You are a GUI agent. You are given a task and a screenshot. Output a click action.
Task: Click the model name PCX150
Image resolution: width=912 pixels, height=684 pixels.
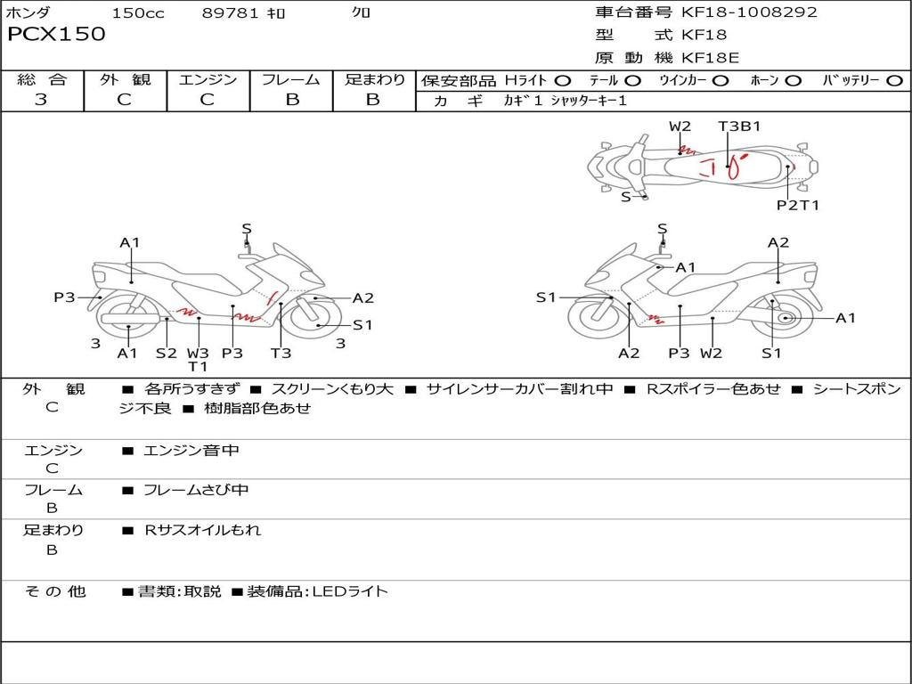pos(56,34)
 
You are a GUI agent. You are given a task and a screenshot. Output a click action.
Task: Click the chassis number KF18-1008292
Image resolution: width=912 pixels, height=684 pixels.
pos(749,12)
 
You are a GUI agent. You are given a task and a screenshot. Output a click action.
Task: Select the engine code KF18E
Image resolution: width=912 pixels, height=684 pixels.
pos(710,58)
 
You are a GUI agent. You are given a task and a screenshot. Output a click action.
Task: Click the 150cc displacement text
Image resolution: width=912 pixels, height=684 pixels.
pos(138,12)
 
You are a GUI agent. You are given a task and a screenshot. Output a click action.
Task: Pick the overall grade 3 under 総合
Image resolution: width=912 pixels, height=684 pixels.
pos(41,99)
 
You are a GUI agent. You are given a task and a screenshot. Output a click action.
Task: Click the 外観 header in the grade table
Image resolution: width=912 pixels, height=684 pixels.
pos(125,79)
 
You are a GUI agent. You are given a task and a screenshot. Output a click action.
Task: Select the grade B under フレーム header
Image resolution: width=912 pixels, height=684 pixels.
pos(292,99)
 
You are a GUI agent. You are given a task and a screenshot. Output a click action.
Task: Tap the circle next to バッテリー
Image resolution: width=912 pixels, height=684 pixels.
pos(894,80)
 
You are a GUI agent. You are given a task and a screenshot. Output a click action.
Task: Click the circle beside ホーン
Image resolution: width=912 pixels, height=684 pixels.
pos(794,80)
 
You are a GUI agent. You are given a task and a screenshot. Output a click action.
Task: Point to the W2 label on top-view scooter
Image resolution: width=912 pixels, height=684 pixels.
pos(680,126)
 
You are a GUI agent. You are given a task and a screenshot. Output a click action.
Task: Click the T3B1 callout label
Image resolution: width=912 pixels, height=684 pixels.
pos(739,126)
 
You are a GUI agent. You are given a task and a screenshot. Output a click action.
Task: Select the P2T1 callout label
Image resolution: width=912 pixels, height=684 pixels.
pos(798,205)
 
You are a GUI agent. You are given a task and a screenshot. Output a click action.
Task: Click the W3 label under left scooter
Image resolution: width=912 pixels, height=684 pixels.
pos(198,353)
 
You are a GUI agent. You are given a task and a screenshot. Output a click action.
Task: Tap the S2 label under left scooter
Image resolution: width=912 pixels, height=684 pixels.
pos(166,353)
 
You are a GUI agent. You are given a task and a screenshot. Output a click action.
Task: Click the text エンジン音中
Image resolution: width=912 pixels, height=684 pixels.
pos(191,450)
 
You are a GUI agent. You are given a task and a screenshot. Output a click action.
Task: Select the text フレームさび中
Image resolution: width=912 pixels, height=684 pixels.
pos(196,491)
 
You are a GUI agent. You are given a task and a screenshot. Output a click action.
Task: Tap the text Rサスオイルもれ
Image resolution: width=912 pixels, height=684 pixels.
pos(202,530)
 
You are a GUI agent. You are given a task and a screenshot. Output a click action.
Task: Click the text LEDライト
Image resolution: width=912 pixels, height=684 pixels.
pos(350,591)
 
